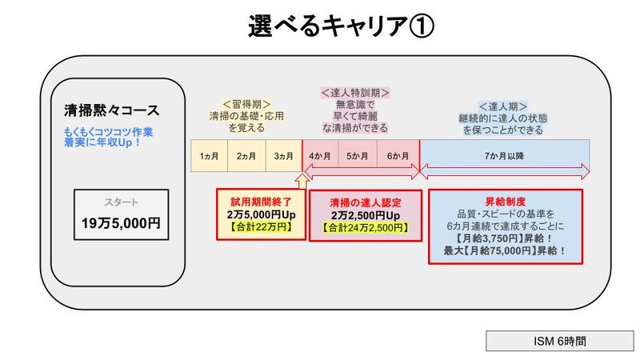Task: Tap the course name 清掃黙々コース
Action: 111,110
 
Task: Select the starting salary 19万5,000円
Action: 121,224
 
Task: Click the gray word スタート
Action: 121,202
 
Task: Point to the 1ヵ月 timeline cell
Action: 209,156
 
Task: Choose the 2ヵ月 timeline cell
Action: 246,156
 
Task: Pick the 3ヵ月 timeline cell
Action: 283,156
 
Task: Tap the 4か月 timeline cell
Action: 321,156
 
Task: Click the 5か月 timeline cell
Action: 358,156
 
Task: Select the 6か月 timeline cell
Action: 398,156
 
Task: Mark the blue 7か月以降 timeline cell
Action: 504,156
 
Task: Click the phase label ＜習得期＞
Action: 246,104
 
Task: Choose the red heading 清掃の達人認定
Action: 365,203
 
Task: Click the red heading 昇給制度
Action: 505,201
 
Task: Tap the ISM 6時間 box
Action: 549,341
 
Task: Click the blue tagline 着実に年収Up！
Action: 102,142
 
